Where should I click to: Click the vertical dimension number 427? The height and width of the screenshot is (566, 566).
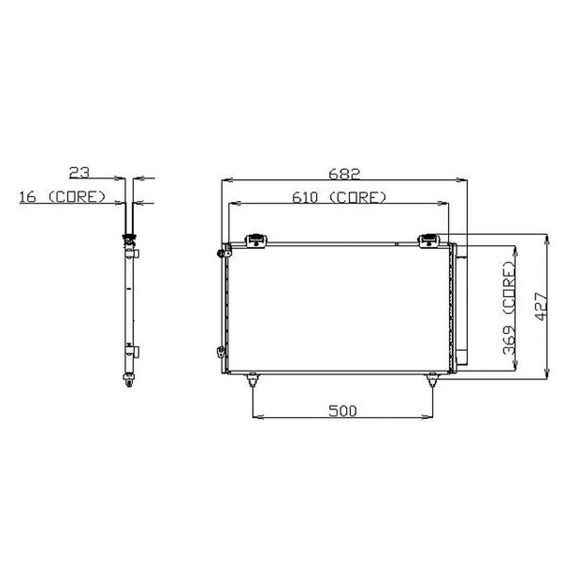[x=539, y=307]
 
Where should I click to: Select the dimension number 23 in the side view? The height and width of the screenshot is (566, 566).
[x=80, y=172]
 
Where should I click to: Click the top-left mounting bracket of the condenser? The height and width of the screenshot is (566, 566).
[x=255, y=241]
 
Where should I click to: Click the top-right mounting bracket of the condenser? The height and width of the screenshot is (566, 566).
[x=429, y=241]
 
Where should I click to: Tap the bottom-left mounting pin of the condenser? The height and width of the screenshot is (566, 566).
[x=253, y=379]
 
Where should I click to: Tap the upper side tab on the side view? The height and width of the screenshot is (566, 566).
[x=136, y=253]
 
